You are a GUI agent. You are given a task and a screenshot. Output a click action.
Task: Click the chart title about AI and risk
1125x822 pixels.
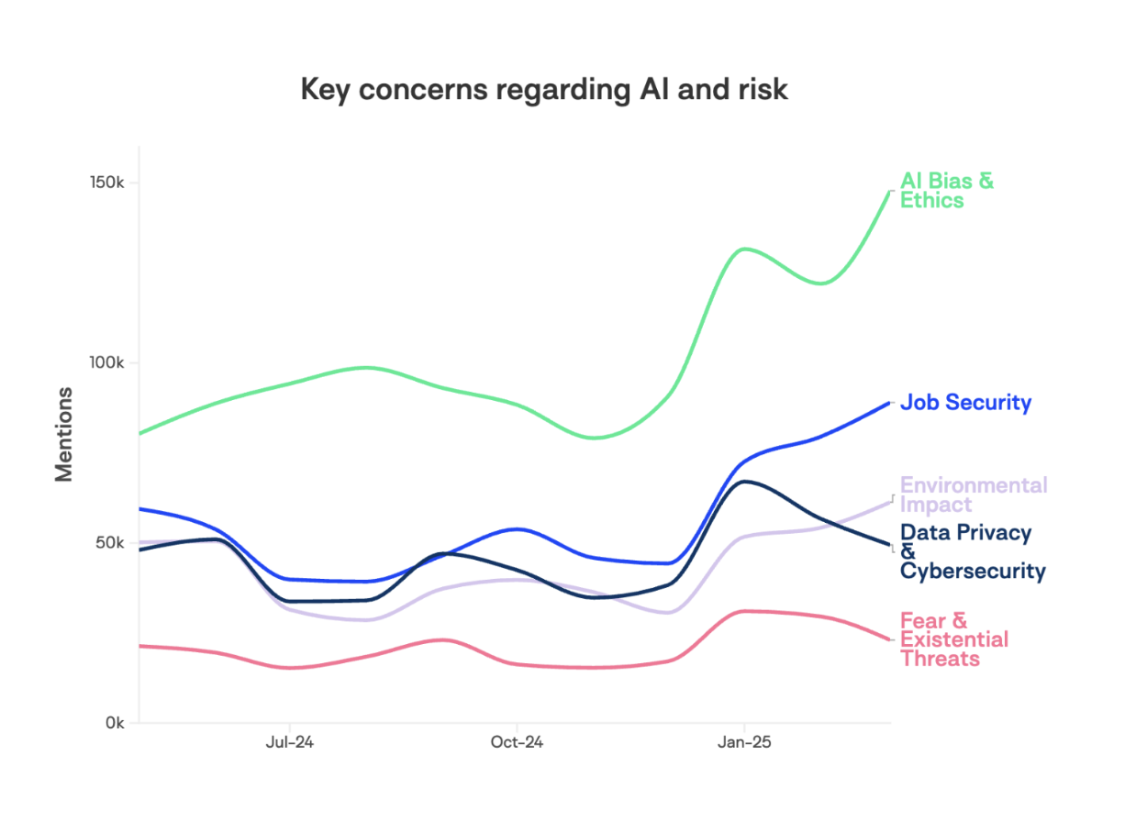pyautogui.click(x=544, y=90)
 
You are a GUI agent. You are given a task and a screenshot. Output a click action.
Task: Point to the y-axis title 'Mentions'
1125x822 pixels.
pyautogui.click(x=63, y=434)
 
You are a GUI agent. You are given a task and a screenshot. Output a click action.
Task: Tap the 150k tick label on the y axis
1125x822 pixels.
pyautogui.click(x=106, y=183)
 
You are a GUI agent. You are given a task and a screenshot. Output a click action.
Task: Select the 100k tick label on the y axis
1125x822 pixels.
pyautogui.click(x=106, y=363)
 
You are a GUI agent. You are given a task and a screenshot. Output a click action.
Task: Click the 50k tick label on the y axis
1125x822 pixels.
pyautogui.click(x=110, y=543)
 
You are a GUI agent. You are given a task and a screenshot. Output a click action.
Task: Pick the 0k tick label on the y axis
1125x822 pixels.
pyautogui.click(x=114, y=723)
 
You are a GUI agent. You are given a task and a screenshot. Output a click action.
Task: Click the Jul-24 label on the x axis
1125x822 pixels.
pyautogui.click(x=290, y=743)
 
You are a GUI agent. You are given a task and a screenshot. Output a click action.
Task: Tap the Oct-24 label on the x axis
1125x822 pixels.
pyautogui.click(x=517, y=743)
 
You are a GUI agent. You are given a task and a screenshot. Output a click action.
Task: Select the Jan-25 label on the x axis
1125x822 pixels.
pyautogui.click(x=744, y=743)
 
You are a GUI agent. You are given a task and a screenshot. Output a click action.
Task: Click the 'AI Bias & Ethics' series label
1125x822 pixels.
pyautogui.click(x=945, y=191)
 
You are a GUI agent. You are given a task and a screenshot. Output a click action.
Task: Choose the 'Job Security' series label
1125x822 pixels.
pyautogui.click(x=965, y=403)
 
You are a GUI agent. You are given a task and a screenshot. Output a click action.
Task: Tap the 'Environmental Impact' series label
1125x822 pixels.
pyautogui.click(x=973, y=494)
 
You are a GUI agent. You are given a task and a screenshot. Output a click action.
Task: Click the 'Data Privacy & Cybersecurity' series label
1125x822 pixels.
pyautogui.click(x=971, y=551)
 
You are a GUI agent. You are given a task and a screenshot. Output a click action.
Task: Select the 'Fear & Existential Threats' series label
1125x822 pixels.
pyautogui.click(x=952, y=639)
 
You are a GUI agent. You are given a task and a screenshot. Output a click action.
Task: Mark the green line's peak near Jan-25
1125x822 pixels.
pyautogui.click(x=744, y=249)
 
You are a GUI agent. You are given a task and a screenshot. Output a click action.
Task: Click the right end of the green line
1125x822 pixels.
pyautogui.click(x=889, y=191)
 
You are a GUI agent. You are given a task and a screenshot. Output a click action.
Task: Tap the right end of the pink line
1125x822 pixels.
pyautogui.click(x=889, y=639)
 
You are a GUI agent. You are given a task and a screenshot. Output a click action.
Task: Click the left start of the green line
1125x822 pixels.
pyautogui.click(x=140, y=433)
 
